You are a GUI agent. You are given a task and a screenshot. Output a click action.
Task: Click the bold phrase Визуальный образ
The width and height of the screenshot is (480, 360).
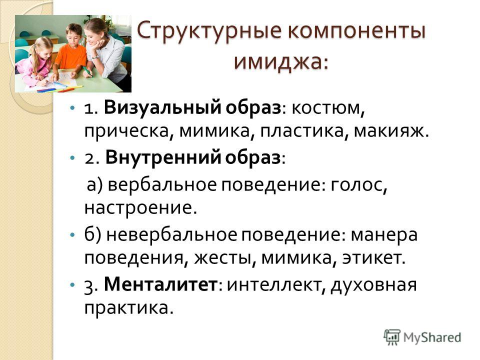(x=192, y=108)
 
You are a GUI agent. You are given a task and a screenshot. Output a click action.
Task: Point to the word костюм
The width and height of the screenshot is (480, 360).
(x=325, y=108)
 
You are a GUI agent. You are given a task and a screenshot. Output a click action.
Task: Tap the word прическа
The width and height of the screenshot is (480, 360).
(x=126, y=131)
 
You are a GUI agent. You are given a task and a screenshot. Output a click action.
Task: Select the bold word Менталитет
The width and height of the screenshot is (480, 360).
(x=160, y=284)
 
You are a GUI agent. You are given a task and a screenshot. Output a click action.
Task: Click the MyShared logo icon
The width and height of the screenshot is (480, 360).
(x=392, y=337)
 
